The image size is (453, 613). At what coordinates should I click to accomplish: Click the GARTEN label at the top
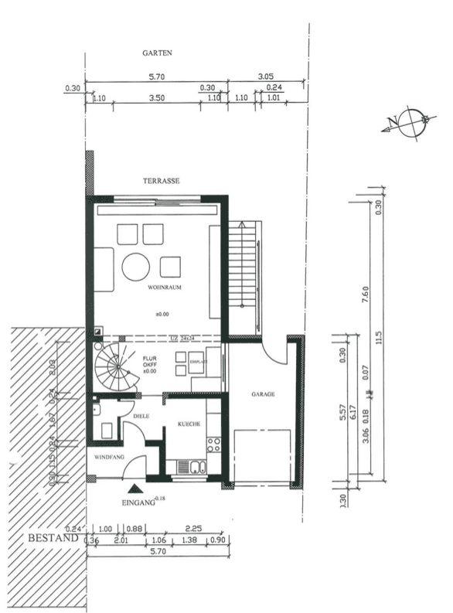tap(157, 53)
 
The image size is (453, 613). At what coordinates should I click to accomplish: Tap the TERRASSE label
tap(161, 180)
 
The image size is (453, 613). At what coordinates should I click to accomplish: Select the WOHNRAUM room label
tap(162, 287)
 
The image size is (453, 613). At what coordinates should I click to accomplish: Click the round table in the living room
tap(136, 267)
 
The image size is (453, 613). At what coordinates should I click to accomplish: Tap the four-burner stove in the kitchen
tap(213, 444)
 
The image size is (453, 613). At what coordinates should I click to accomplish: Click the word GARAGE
tap(263, 393)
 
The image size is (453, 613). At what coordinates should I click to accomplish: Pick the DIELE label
tap(141, 416)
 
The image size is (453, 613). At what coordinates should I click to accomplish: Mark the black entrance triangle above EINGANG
tap(136, 488)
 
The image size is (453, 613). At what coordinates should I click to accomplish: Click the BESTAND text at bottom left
tap(53, 536)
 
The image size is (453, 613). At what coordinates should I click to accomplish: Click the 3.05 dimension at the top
tap(264, 77)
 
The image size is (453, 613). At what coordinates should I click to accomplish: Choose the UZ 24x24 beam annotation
tap(183, 338)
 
